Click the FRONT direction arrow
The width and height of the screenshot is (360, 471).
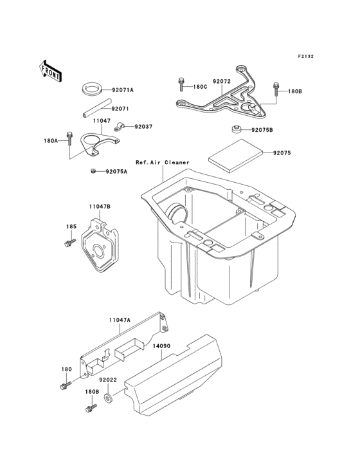click(x=51, y=70)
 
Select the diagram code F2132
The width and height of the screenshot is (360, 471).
click(x=305, y=57)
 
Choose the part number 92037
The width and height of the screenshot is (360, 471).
click(x=143, y=127)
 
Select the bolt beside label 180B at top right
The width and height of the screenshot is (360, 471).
click(x=277, y=86)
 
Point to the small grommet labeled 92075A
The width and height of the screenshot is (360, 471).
click(x=93, y=171)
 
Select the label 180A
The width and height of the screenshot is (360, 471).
click(x=51, y=140)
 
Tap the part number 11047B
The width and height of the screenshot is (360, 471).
click(x=100, y=207)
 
